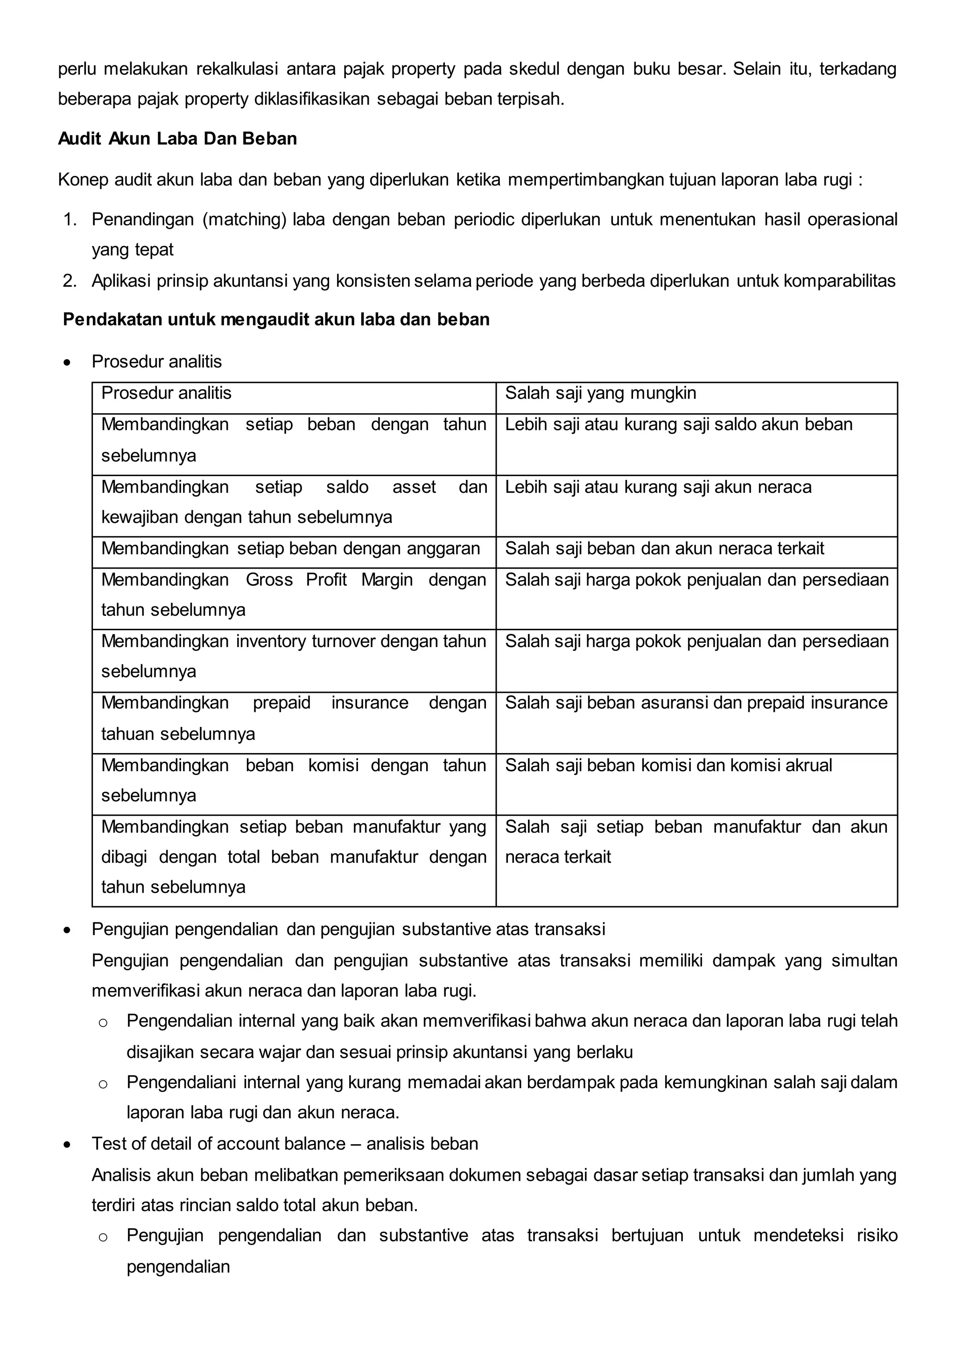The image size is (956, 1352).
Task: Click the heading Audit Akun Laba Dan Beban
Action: click(177, 139)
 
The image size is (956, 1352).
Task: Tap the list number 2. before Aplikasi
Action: click(70, 281)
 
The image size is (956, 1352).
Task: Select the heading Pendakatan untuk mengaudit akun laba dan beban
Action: click(276, 320)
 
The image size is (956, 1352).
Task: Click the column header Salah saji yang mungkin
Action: click(600, 394)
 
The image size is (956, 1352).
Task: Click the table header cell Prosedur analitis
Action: click(167, 394)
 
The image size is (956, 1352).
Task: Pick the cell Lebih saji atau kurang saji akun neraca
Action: click(658, 487)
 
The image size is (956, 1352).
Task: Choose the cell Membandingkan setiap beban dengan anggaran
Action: click(291, 549)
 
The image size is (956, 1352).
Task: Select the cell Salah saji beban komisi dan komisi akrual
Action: click(668, 766)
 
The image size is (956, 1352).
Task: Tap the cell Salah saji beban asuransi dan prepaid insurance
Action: click(696, 703)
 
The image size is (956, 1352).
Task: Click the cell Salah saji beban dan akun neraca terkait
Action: click(664, 549)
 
